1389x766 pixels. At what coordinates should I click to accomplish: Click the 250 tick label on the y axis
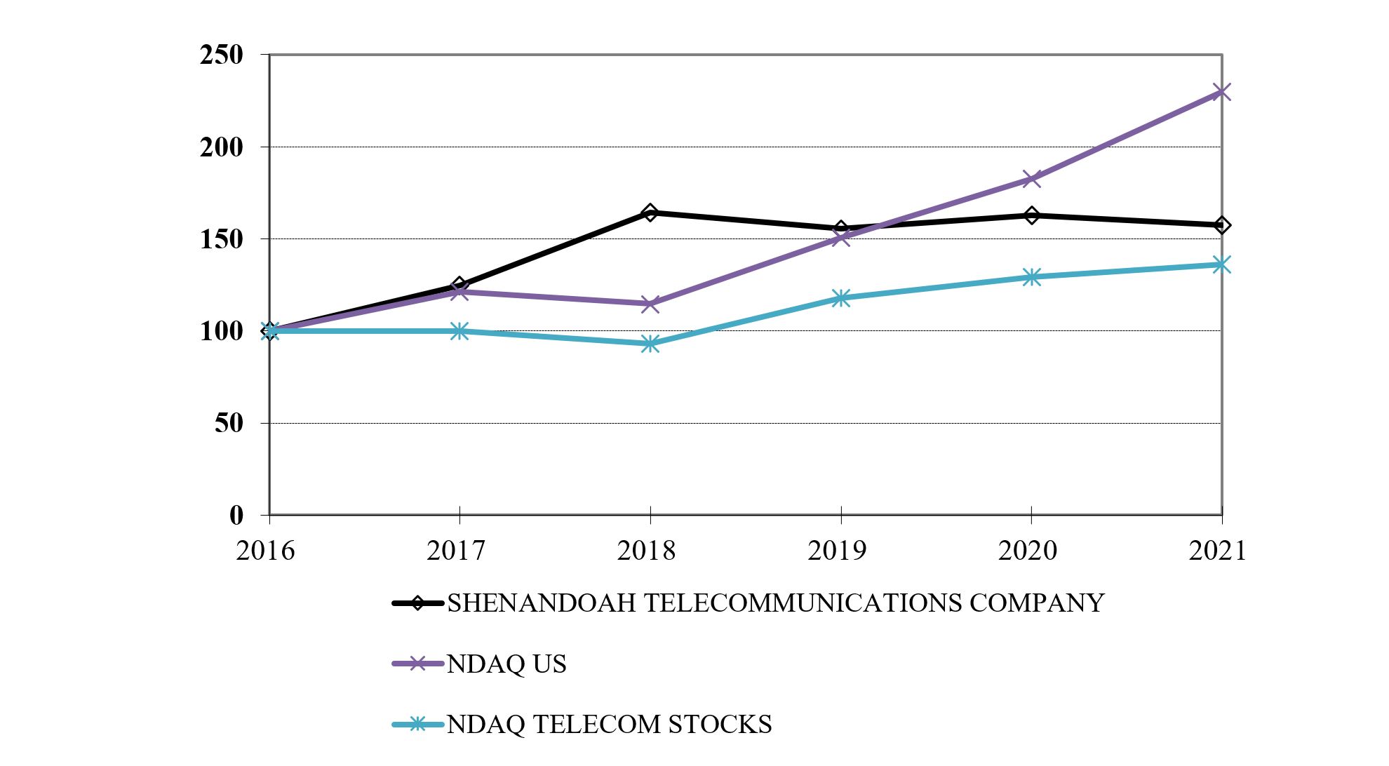(221, 55)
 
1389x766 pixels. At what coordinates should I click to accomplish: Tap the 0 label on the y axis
(236, 516)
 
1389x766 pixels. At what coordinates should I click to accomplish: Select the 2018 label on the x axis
(646, 551)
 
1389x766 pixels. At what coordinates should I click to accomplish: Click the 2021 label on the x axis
(1217, 551)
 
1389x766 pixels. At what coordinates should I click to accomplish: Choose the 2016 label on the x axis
(265, 551)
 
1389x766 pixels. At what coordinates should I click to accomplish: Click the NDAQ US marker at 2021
(1221, 92)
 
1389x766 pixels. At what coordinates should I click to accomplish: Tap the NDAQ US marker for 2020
(1031, 178)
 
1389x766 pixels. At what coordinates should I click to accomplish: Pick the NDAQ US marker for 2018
(650, 304)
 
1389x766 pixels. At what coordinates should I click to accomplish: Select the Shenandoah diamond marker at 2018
(650, 213)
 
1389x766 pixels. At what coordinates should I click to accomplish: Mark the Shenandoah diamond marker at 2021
(1221, 225)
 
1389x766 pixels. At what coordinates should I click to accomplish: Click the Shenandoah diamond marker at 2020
(1031, 215)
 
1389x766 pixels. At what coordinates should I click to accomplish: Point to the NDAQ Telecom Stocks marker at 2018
(650, 344)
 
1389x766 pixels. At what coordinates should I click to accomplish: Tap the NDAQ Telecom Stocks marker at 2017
(459, 331)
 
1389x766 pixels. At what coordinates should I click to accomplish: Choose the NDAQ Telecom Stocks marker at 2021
(1221, 264)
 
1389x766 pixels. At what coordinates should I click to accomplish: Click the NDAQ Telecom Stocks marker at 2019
(840, 298)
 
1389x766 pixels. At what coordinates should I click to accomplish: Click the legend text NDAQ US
(506, 664)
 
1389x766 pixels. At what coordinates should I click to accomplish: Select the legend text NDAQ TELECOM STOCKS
(609, 724)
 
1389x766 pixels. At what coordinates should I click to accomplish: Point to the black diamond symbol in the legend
(417, 603)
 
